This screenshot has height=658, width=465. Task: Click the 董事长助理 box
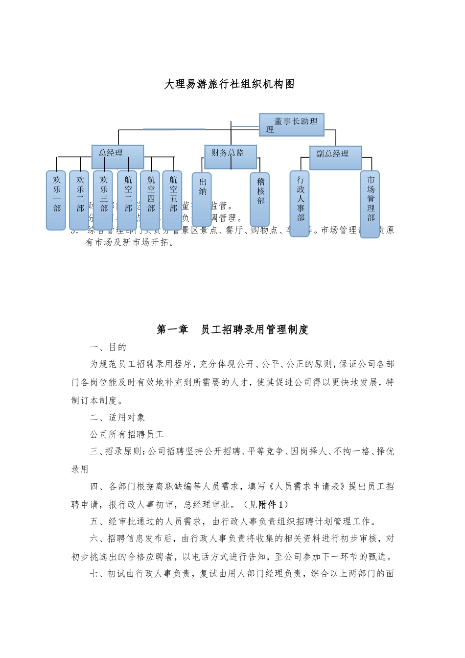point(292,125)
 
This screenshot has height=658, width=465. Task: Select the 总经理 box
point(117,157)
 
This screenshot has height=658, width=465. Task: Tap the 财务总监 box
point(231,157)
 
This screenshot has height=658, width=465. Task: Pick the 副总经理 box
point(335,158)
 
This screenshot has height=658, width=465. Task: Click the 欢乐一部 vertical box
point(56,200)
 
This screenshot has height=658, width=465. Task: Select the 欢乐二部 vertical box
point(79,200)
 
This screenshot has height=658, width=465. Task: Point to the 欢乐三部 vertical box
point(103,200)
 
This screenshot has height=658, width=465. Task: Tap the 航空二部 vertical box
point(127,200)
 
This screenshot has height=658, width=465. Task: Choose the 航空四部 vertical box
point(150,200)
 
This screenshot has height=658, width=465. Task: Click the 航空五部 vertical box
point(173,200)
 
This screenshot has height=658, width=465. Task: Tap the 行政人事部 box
point(300,204)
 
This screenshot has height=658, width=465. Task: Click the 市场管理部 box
point(370,204)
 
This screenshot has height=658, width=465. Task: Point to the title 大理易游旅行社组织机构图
point(230,84)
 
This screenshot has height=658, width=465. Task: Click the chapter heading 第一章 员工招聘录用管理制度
point(232,330)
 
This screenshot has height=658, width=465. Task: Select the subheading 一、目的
point(109,348)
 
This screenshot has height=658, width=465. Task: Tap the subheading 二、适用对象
point(117,418)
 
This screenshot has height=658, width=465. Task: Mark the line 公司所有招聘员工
point(127,435)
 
